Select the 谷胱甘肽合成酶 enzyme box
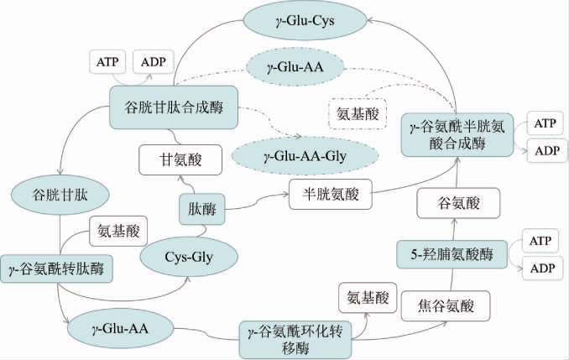click(174, 107)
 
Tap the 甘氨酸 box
click(182, 157)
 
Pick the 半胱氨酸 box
click(328, 194)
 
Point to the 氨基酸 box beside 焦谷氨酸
click(365, 296)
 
